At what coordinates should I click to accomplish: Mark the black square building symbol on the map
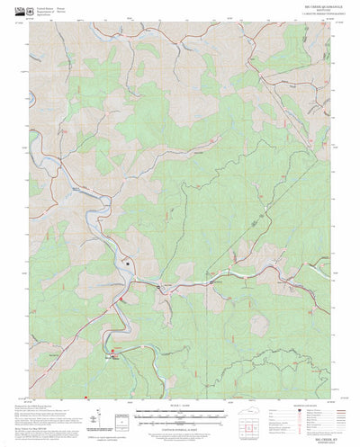[128, 264]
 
